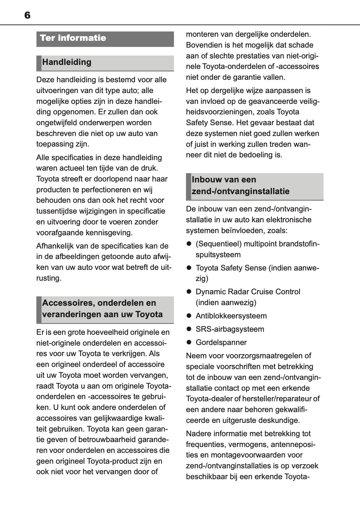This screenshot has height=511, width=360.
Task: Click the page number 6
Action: (27, 15)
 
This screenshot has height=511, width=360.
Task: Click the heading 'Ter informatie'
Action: (73, 38)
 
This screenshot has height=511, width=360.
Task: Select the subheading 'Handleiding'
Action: (67, 62)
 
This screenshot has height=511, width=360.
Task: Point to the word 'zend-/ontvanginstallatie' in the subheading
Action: (240, 191)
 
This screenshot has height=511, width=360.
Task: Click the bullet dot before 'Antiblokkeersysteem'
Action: (189, 316)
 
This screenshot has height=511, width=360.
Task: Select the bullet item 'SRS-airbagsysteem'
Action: (230, 329)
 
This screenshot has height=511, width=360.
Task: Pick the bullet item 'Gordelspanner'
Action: (221, 342)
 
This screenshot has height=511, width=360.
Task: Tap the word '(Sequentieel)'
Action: (218, 244)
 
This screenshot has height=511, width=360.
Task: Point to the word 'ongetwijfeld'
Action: (57, 123)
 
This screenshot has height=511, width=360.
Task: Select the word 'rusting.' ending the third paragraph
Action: (49, 278)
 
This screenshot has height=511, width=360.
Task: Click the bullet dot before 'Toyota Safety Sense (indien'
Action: (189, 268)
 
